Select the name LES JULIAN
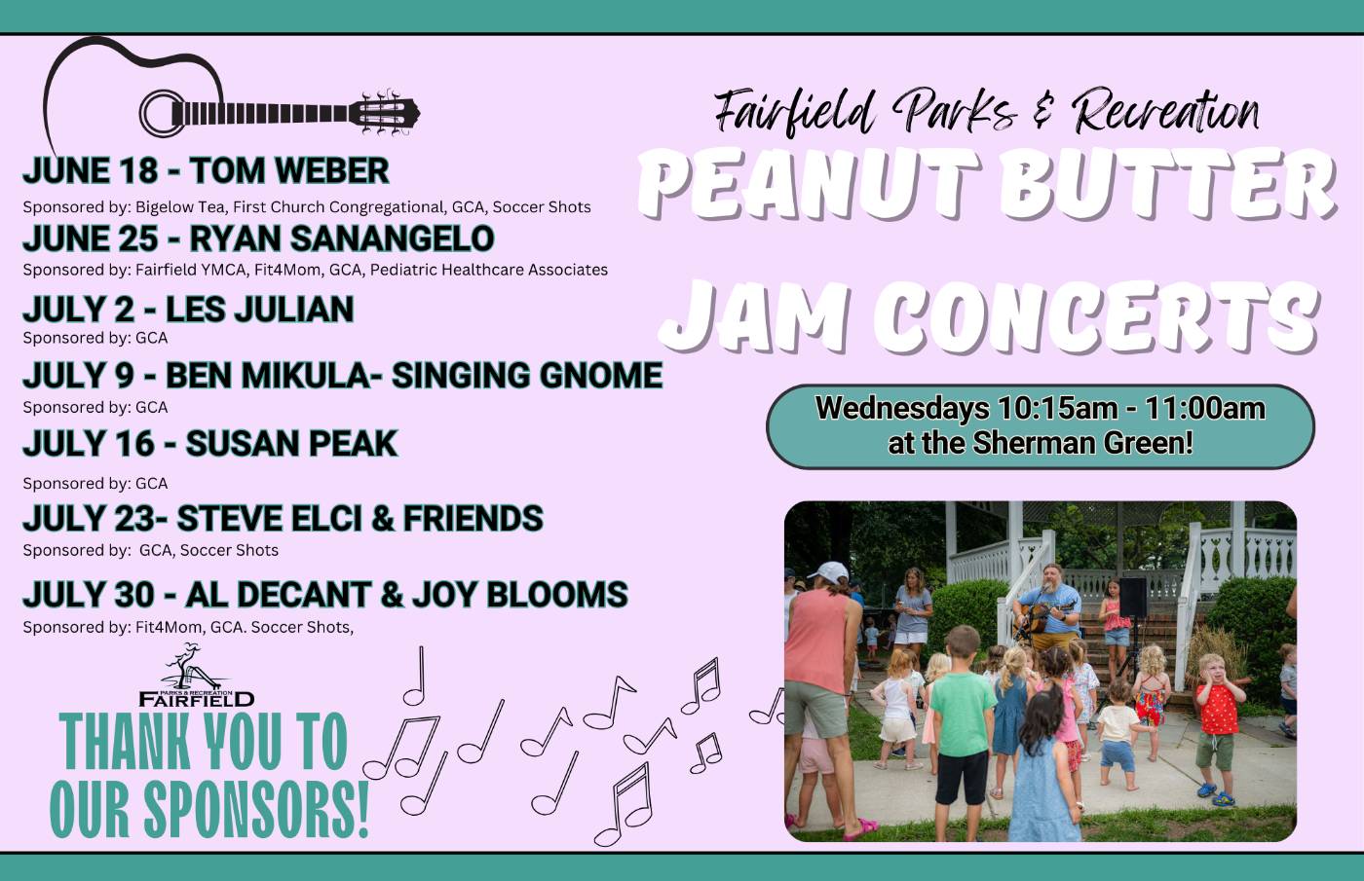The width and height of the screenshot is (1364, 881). point(260,310)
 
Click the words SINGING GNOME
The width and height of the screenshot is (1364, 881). point(527,375)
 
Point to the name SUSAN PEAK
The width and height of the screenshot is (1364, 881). point(291,443)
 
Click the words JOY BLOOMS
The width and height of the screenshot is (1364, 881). point(520,595)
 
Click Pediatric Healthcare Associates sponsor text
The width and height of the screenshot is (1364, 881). point(489,270)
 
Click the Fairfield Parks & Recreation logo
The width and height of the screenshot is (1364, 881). point(196,676)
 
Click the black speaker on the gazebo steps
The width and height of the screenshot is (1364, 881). point(1132,597)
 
